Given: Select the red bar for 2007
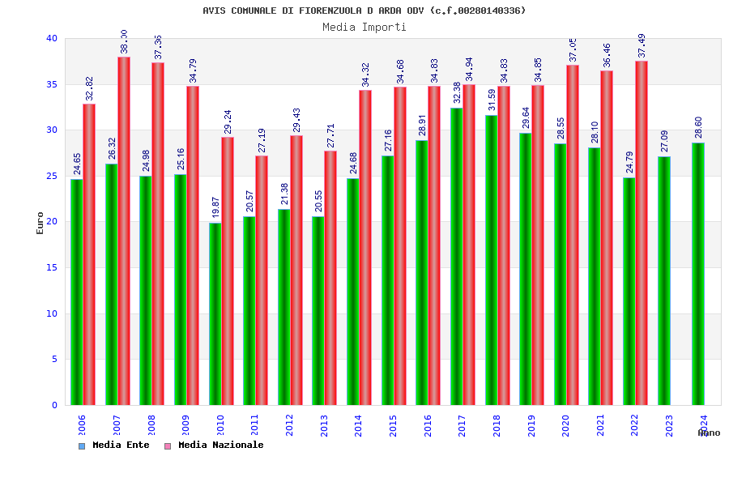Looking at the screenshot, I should pyautogui.click(x=124, y=231).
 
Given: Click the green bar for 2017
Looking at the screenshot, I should pyautogui.click(x=456, y=256).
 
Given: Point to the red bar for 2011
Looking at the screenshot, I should pyautogui.click(x=262, y=280).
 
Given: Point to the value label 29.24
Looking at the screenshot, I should pyautogui.click(x=228, y=122).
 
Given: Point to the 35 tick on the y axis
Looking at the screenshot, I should pyautogui.click(x=52, y=84).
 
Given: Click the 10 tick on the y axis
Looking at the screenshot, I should pyautogui.click(x=52, y=313).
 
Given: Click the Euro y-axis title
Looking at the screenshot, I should pyautogui.click(x=40, y=223).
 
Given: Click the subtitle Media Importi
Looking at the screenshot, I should pyautogui.click(x=364, y=27).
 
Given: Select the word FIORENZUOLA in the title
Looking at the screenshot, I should pyautogui.click(x=332, y=11).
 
